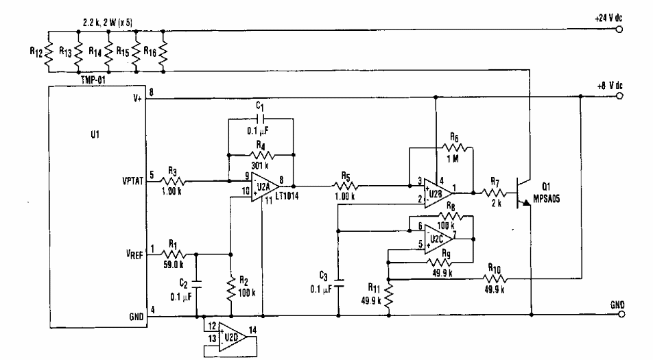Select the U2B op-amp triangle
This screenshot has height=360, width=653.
point(435,193)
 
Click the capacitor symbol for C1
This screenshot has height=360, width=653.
point(260,117)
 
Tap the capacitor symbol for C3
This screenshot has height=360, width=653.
point(340,281)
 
